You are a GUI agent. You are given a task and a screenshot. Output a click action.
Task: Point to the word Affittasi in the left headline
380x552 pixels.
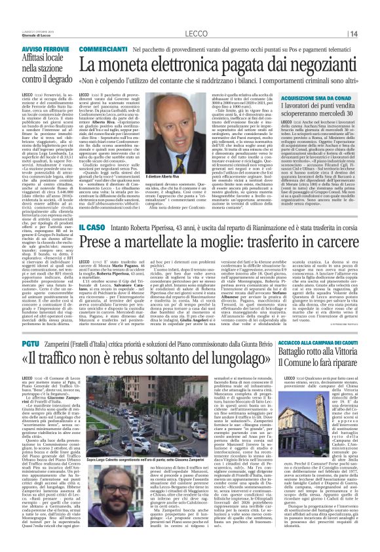coord(26,40)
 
